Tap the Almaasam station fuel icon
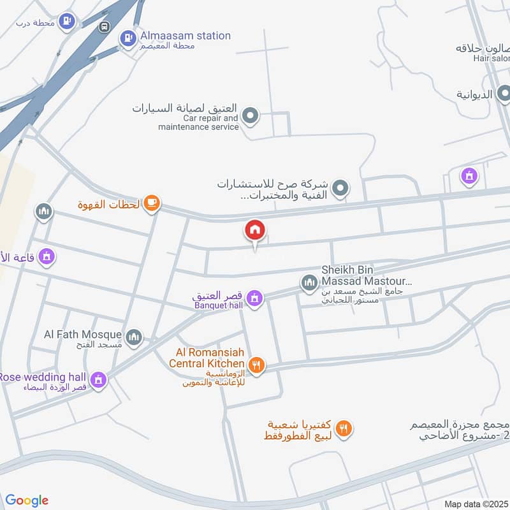[128, 38]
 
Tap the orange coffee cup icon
[151, 203]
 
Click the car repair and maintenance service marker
[251, 116]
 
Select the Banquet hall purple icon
[254, 298]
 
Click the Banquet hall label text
[219, 305]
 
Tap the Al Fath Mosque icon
[133, 337]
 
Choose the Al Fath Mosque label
[82, 334]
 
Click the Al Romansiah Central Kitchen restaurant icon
[256, 365]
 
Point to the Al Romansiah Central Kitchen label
[207, 358]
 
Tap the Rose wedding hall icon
[98, 380]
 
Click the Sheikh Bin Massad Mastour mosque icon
[309, 281]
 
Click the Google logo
[27, 500]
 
